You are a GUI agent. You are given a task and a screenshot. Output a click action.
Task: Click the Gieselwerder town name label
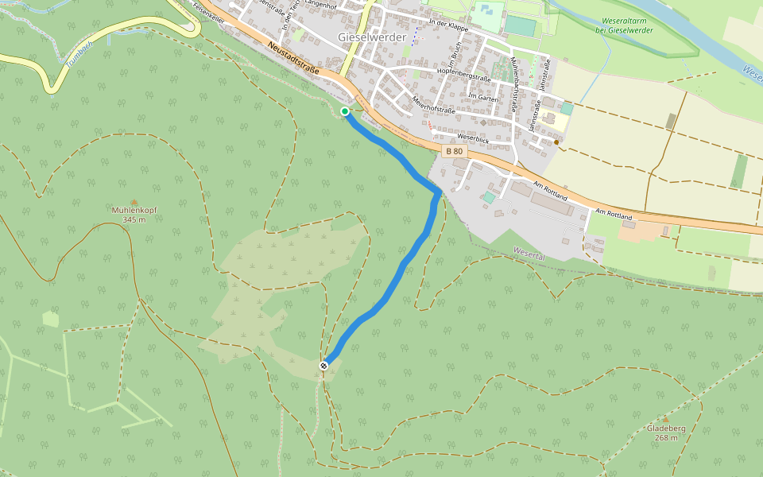(372, 37)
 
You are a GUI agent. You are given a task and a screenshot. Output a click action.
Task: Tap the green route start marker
(345, 111)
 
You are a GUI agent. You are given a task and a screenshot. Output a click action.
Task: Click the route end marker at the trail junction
(324, 365)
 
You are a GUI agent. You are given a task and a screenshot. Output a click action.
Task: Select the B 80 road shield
(454, 151)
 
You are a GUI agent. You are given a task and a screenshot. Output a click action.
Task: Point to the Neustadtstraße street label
(293, 59)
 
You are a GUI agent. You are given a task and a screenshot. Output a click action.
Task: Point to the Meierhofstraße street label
(433, 104)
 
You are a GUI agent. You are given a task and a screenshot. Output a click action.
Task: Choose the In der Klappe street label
(449, 24)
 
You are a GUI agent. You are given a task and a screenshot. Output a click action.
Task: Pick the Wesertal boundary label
(529, 252)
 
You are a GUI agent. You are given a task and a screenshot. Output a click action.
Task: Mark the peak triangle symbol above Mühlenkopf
(134, 203)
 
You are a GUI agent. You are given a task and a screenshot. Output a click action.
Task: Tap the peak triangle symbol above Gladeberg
(665, 420)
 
